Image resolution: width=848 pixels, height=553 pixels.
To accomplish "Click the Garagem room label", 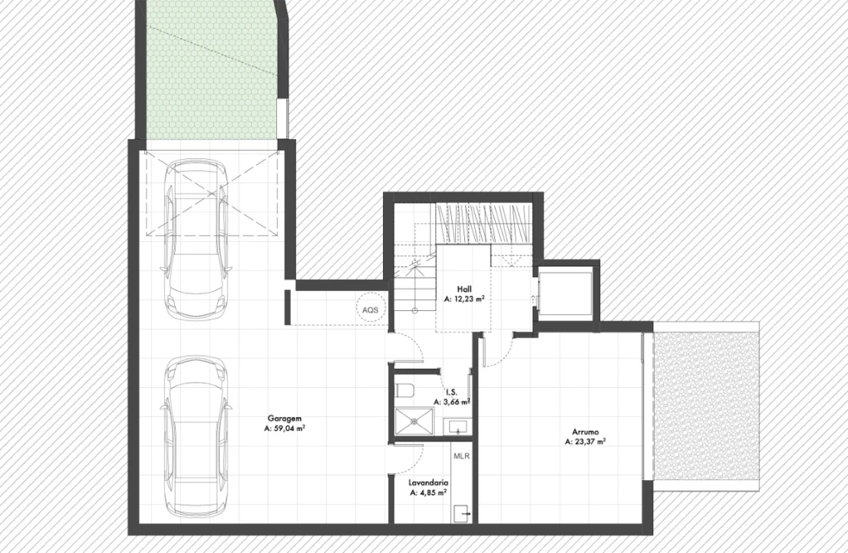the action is [x=285, y=419].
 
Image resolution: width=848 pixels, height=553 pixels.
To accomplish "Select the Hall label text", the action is [x=464, y=290].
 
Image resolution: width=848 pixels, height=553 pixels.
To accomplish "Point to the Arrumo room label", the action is [x=586, y=432].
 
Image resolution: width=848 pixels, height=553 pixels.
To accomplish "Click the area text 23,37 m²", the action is [x=589, y=442].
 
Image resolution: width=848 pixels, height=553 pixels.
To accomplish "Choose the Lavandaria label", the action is [x=428, y=482].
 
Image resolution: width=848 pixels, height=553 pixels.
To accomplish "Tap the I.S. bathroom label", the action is [x=451, y=392].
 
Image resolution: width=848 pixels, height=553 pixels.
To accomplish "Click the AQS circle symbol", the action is [x=371, y=310].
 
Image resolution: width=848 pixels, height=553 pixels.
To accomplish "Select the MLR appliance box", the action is [x=461, y=456].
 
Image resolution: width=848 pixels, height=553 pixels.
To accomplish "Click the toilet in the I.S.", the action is [x=405, y=389].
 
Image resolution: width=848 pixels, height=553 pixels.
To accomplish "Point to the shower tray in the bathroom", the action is [x=415, y=420].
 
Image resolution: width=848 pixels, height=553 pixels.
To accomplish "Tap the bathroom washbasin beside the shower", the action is [x=457, y=426].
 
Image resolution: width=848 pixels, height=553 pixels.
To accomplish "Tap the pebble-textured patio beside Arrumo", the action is [x=706, y=406].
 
